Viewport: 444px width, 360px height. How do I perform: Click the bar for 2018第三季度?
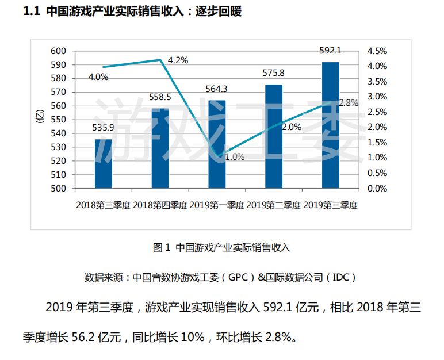(x=104, y=164)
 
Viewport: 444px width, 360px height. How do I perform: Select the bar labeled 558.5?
(x=160, y=148)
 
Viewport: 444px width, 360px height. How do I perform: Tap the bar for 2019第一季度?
(x=217, y=144)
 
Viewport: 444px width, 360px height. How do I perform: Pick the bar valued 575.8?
(x=274, y=136)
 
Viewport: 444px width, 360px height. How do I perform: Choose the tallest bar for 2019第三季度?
(x=330, y=125)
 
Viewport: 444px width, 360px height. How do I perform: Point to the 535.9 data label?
(x=104, y=128)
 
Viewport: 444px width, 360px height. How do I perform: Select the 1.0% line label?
(x=234, y=156)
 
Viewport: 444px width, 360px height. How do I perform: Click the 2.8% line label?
(x=349, y=103)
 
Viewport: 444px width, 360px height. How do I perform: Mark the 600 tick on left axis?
(x=59, y=51)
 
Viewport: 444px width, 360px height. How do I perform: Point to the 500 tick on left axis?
(x=59, y=188)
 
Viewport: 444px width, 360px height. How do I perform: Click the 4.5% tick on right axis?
(x=378, y=51)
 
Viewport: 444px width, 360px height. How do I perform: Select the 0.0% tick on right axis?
(x=378, y=188)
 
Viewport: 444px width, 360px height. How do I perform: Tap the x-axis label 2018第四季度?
(x=160, y=205)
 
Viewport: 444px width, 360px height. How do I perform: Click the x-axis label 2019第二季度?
(x=274, y=205)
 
